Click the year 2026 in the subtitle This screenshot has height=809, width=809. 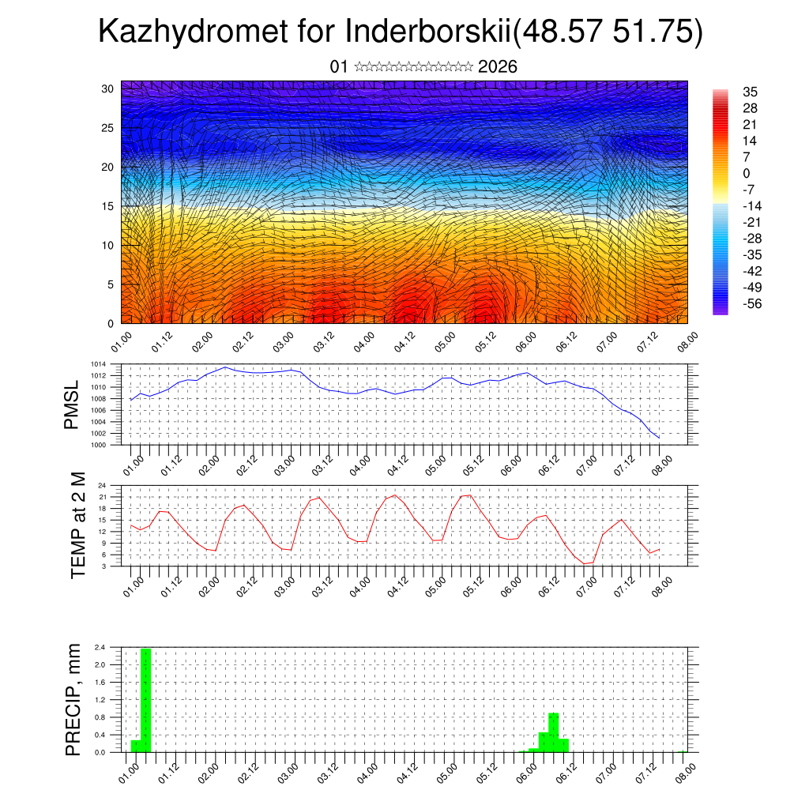[x=498, y=67]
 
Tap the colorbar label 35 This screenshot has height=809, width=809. [x=750, y=92]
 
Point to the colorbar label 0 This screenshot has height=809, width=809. [x=747, y=174]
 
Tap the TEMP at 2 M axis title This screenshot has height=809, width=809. [x=77, y=525]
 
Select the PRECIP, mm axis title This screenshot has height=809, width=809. [x=73, y=699]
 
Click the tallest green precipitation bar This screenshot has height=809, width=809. [x=145, y=700]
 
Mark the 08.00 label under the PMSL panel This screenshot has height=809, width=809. [x=662, y=463]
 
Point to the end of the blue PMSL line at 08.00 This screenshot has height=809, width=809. [x=659, y=437]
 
